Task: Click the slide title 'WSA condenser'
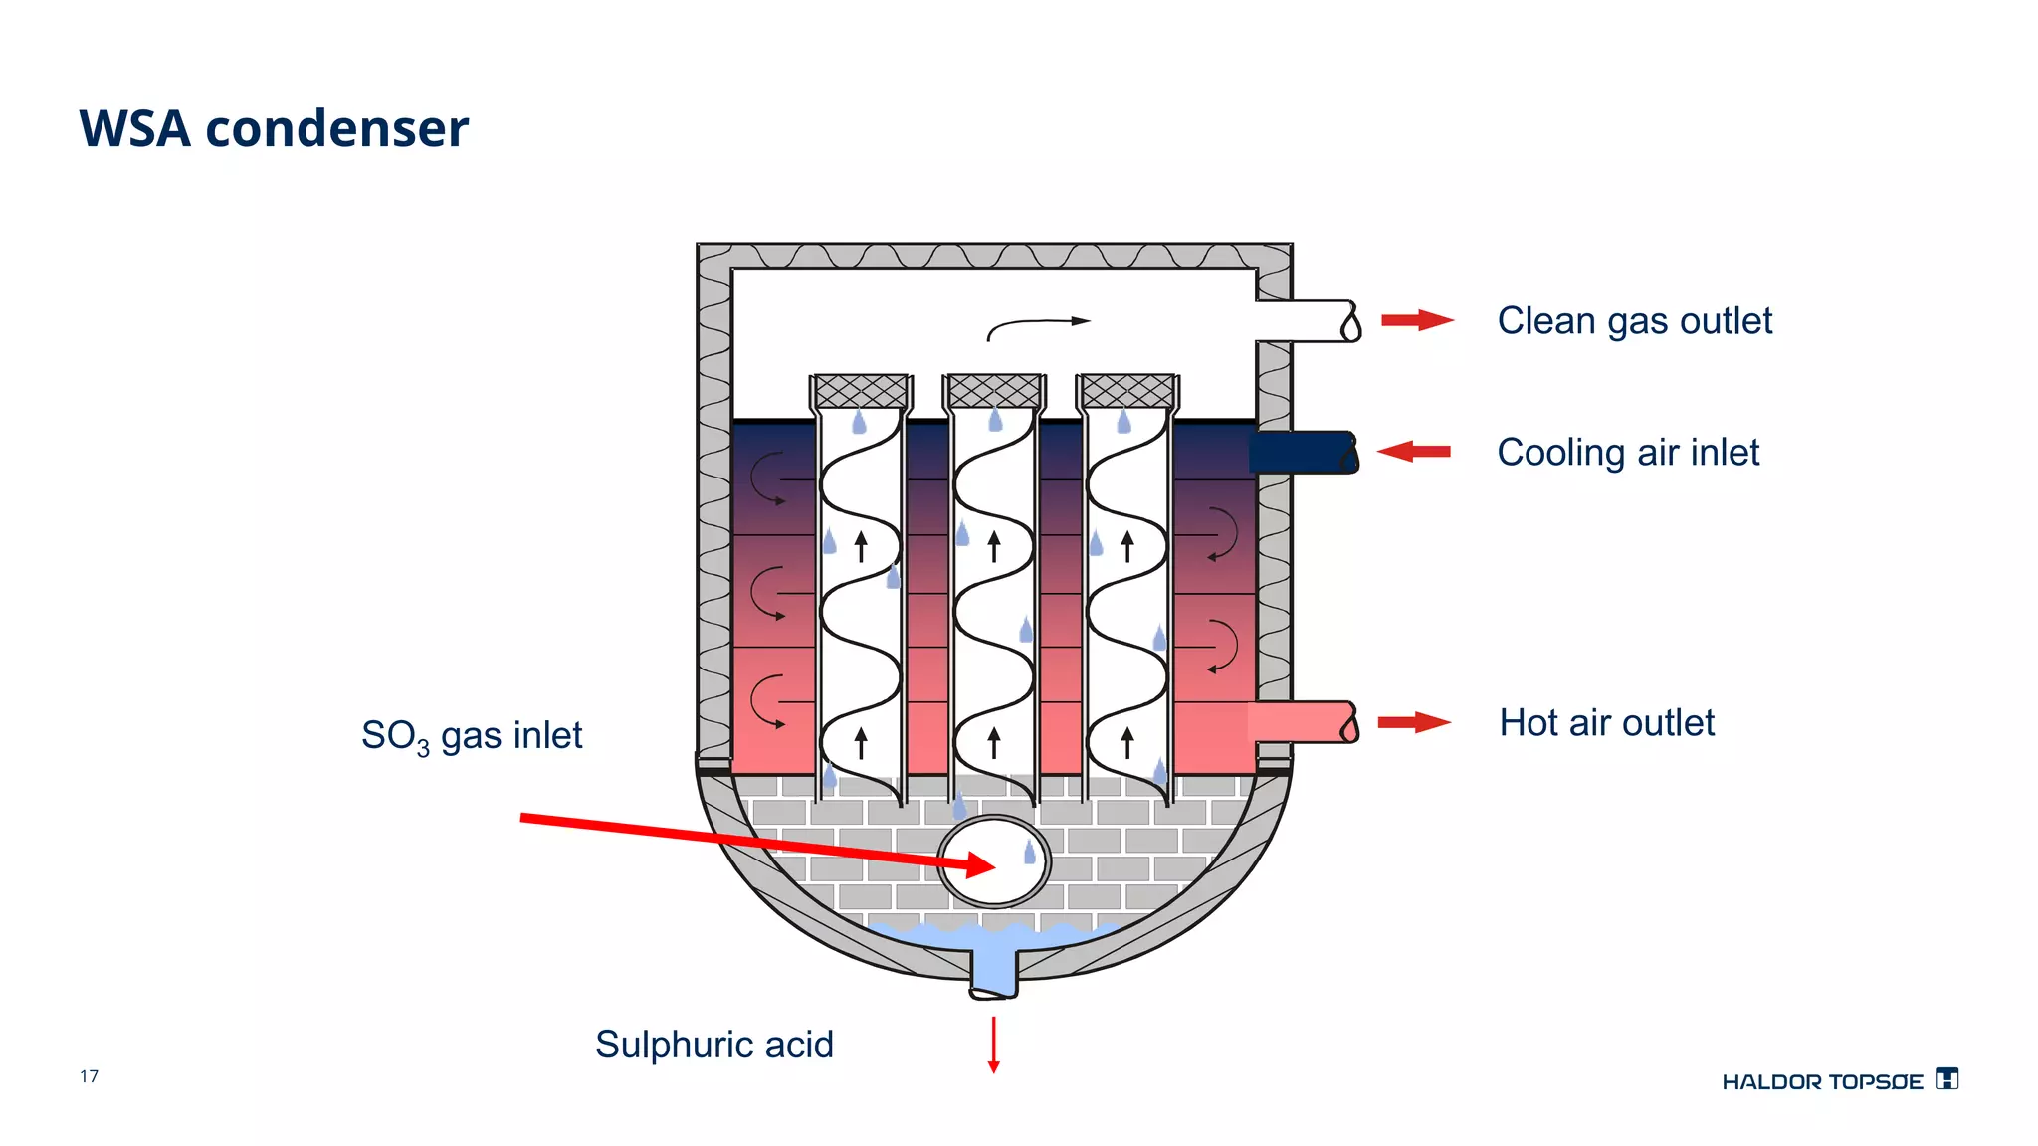click(x=274, y=129)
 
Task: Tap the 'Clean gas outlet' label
click(x=1634, y=321)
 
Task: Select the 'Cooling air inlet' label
click(x=1628, y=453)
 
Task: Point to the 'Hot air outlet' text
click(x=1606, y=723)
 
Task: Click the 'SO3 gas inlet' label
click(x=472, y=736)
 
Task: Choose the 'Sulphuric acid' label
click(x=713, y=1045)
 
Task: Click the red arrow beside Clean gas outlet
click(x=1417, y=320)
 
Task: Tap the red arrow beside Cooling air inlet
click(x=1414, y=452)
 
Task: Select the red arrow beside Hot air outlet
click(x=1414, y=723)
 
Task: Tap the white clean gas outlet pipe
click(x=1304, y=321)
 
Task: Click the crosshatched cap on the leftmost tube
click(x=861, y=391)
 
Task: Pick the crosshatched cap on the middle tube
click(x=994, y=391)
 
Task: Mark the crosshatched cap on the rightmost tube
click(x=1127, y=391)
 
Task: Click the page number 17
click(x=89, y=1076)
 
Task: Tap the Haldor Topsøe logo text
click(x=1822, y=1082)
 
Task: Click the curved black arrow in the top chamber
click(x=1035, y=326)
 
